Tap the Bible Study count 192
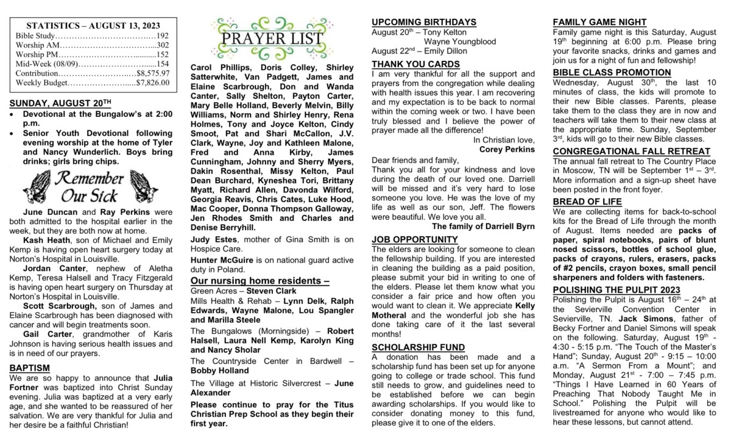click(x=163, y=36)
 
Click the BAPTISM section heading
click(x=30, y=368)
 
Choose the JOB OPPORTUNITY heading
click(x=414, y=239)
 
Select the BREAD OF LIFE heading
click(x=587, y=202)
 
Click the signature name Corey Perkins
click(x=507, y=149)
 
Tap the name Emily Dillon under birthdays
click(x=437, y=51)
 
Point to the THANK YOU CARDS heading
click(x=415, y=63)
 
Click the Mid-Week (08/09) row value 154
click(x=163, y=64)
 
